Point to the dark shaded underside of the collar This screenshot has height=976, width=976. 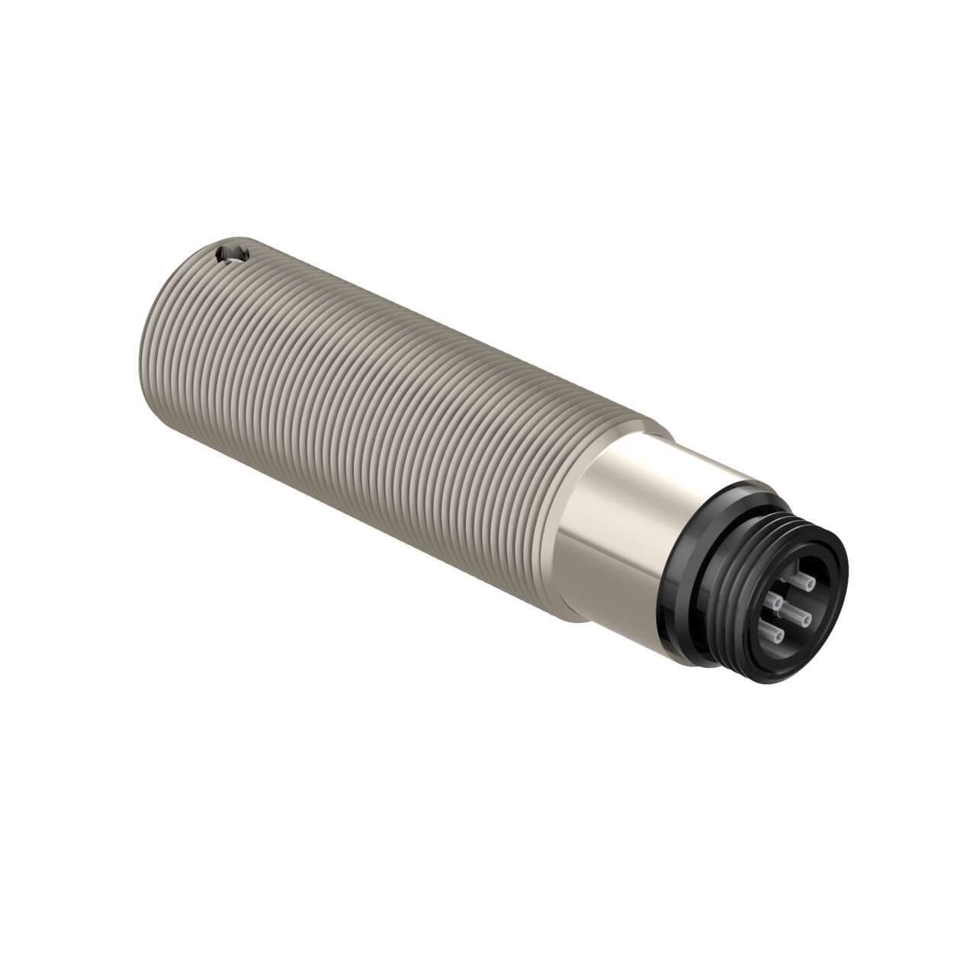[x=610, y=602]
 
